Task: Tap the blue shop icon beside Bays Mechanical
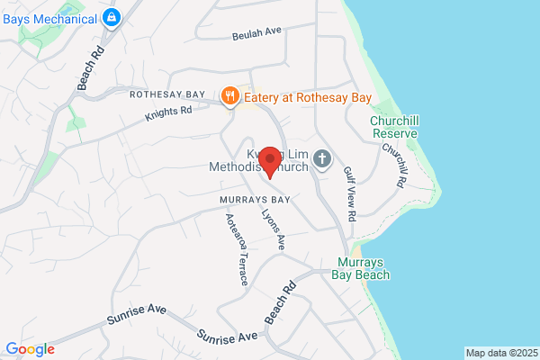coord(111,16)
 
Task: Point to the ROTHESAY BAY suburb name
coord(169,94)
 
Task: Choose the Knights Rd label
coord(169,114)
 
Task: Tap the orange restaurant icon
coord(230,94)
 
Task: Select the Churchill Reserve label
coord(393,127)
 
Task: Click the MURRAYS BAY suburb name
coord(255,199)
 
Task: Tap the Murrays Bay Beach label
coord(362,268)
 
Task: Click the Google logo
coord(30,349)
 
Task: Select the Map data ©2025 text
coord(500,352)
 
